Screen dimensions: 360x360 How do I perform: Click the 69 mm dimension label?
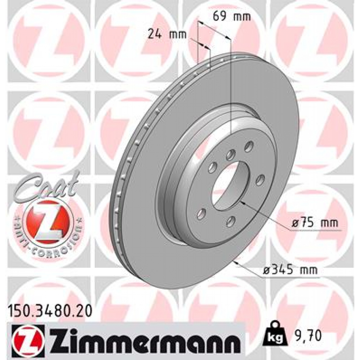[x=232, y=16]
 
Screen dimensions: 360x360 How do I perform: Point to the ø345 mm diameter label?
[x=290, y=270]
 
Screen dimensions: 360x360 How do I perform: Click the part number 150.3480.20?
[x=50, y=311]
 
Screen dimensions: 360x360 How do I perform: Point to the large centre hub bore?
[x=229, y=187]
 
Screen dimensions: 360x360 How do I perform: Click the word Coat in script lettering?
[x=48, y=185]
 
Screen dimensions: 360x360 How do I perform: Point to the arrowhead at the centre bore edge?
[x=243, y=202]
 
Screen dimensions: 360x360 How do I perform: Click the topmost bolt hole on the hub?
[x=249, y=146]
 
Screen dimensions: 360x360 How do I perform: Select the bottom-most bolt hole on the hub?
[x=230, y=220]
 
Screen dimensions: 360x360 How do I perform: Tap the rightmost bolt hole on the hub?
[x=260, y=181]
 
